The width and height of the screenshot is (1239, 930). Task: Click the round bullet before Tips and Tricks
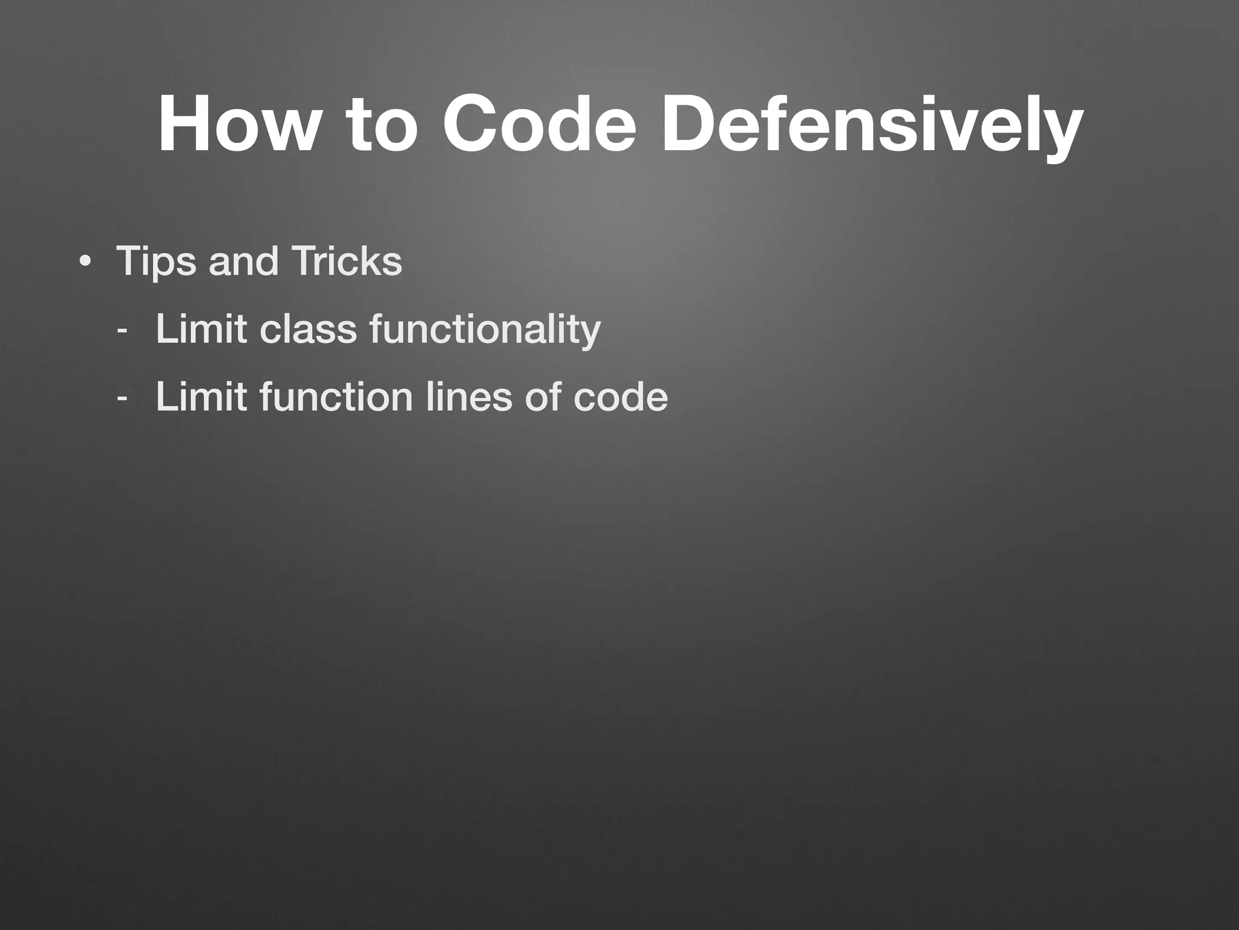[x=85, y=263]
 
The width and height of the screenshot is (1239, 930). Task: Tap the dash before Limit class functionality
[x=122, y=332]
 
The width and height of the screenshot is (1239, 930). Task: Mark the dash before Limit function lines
[x=122, y=400]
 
